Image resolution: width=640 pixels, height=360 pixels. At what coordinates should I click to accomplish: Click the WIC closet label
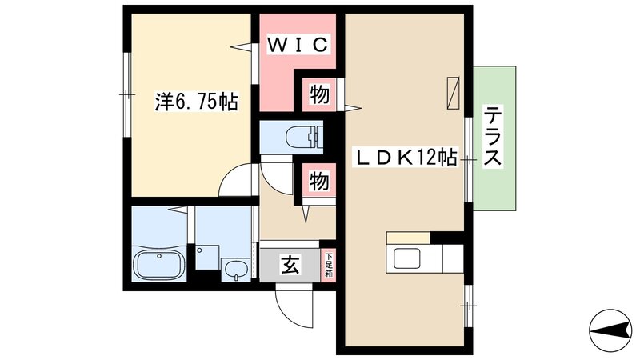pyautogui.click(x=297, y=46)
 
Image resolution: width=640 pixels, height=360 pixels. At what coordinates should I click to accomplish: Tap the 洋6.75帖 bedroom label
pyautogui.click(x=196, y=102)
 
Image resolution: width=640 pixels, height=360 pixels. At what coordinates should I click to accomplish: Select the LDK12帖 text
pyautogui.click(x=405, y=158)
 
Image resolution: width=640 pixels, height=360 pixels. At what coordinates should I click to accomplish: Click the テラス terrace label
pyautogui.click(x=492, y=138)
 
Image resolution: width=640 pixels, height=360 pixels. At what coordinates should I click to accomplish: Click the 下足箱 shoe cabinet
pyautogui.click(x=328, y=265)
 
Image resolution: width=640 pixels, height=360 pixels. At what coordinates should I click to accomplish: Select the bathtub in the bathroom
pyautogui.click(x=159, y=265)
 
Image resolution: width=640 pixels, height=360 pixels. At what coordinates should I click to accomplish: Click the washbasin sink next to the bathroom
pyautogui.click(x=235, y=270)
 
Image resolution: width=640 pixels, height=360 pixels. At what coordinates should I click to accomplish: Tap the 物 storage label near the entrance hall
pyautogui.click(x=318, y=182)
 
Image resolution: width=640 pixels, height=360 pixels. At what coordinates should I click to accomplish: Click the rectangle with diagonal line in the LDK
pyautogui.click(x=454, y=90)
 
